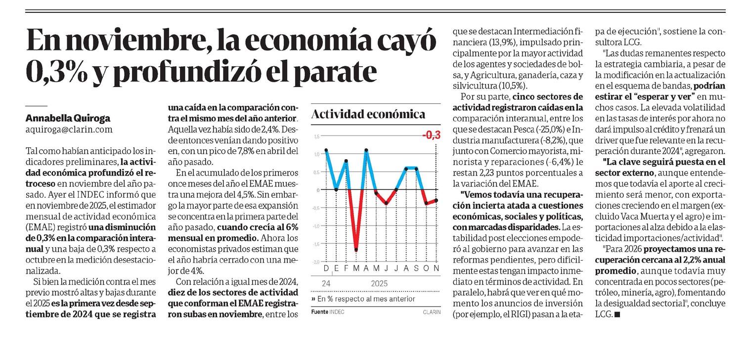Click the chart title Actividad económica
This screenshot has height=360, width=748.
pos(368,115)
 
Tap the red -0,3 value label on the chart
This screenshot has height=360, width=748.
pos(432,135)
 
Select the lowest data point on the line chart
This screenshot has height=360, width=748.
pos(356,250)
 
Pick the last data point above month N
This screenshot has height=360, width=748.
pos(436,200)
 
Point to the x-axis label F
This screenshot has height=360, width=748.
pos(346,269)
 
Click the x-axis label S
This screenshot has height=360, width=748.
pos(416,269)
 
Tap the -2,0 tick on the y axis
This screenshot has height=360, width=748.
pos(316,261)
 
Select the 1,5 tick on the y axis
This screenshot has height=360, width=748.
pos(316,136)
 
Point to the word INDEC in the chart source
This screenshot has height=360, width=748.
pos(337,312)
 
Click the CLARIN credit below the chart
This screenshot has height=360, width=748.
pos(431,312)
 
